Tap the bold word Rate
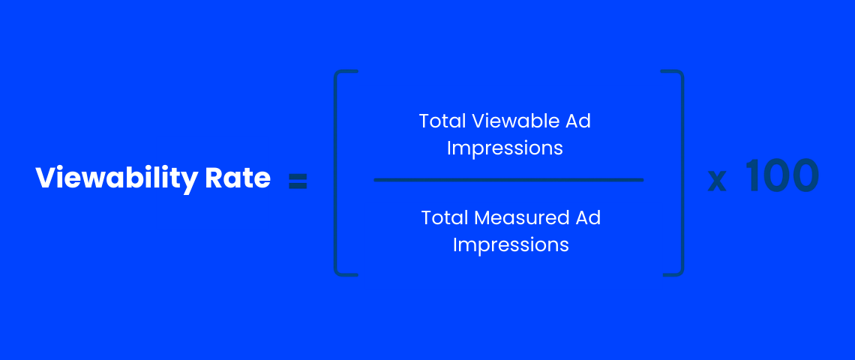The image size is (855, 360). tap(238, 178)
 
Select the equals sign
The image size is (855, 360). tap(298, 181)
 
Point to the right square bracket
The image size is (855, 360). tap(681, 173)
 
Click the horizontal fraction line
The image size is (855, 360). tap(508, 180)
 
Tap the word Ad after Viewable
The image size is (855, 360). tap(578, 121)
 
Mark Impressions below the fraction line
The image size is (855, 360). tap(511, 245)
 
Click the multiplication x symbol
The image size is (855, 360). tap(717, 181)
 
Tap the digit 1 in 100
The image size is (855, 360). tap(751, 175)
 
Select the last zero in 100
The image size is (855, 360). tap(805, 175)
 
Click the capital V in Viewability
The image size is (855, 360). tap(47, 178)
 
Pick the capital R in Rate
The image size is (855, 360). tap(214, 178)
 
